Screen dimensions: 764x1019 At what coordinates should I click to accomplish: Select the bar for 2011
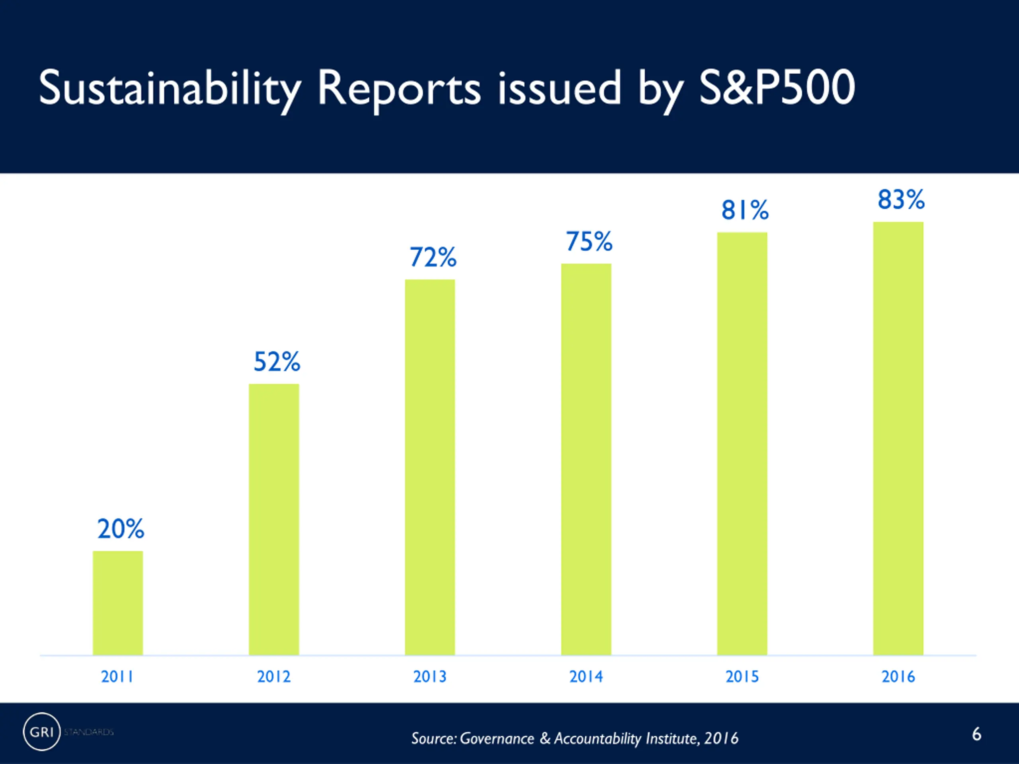pyautogui.click(x=118, y=603)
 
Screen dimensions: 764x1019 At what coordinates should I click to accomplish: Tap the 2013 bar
pyautogui.click(x=430, y=467)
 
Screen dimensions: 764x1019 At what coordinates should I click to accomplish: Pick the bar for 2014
pyautogui.click(x=586, y=459)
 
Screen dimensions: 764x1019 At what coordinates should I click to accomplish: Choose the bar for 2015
pyautogui.click(x=742, y=444)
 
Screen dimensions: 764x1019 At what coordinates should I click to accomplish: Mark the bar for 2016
pyautogui.click(x=898, y=439)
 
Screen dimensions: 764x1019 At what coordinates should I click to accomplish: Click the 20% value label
pyautogui.click(x=121, y=529)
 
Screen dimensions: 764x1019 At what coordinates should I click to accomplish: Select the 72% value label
pyautogui.click(x=433, y=257)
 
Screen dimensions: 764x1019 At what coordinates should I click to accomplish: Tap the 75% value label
pyautogui.click(x=589, y=241)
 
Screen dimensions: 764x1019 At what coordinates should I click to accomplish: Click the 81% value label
pyautogui.click(x=745, y=210)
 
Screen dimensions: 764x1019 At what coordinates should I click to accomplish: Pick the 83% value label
pyautogui.click(x=901, y=199)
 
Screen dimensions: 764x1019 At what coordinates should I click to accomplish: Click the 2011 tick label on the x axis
pyautogui.click(x=117, y=676)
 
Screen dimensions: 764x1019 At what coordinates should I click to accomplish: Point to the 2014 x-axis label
pyautogui.click(x=586, y=676)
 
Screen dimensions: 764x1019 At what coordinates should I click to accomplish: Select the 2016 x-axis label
pyautogui.click(x=898, y=676)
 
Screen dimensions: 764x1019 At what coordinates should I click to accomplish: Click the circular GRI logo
pyautogui.click(x=41, y=732)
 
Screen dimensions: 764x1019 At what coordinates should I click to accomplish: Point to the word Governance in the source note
pyautogui.click(x=497, y=739)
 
